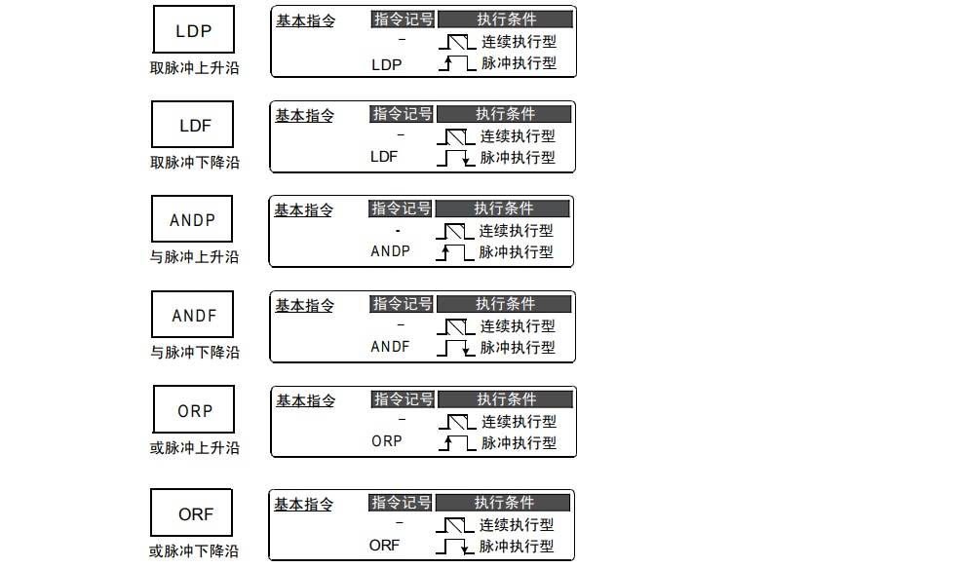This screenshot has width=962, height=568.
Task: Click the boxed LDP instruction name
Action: (x=193, y=30)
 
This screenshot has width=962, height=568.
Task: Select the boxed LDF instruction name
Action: (x=194, y=126)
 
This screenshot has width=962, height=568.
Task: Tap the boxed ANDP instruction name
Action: (x=193, y=220)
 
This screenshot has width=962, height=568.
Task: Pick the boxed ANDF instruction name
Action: (x=194, y=316)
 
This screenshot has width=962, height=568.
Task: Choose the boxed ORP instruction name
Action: (x=194, y=411)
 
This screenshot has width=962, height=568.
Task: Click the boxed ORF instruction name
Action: (x=195, y=514)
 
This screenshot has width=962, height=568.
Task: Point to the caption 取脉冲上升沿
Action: (x=194, y=68)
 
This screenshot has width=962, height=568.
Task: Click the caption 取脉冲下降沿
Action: (x=194, y=163)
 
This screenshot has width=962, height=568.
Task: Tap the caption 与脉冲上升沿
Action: (x=194, y=257)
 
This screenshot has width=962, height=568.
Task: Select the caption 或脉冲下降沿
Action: (x=194, y=551)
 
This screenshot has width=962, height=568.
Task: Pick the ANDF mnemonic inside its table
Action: (x=390, y=346)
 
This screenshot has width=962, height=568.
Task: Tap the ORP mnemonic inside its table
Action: (x=387, y=441)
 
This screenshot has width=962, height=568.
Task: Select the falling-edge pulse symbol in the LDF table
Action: (x=456, y=158)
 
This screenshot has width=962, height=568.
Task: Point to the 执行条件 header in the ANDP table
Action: (x=504, y=208)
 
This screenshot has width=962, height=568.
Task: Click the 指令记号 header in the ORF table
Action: (x=401, y=503)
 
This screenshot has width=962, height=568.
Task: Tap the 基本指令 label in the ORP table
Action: (x=305, y=400)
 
